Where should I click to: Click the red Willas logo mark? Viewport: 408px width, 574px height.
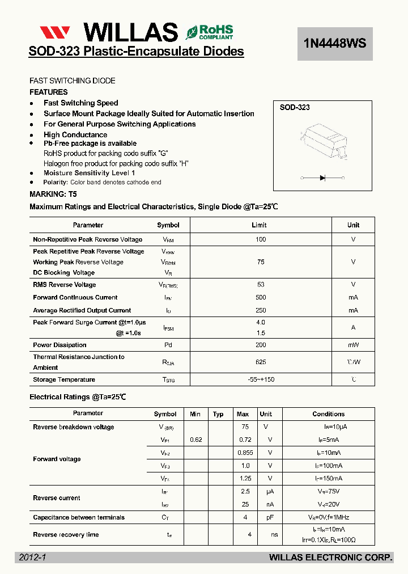(x=55, y=32)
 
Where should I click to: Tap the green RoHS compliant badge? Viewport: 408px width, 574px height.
(x=209, y=32)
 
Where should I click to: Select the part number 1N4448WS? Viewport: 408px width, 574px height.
(x=335, y=43)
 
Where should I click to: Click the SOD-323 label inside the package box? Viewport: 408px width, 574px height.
(x=295, y=107)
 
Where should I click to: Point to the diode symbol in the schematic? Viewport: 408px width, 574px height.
(x=322, y=178)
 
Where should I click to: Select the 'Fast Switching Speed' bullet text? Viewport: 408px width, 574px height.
(x=80, y=103)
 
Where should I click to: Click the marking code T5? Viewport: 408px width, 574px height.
(x=73, y=194)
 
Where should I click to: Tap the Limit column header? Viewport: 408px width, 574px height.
(x=260, y=225)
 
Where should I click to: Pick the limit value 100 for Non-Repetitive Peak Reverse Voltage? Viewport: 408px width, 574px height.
(x=260, y=239)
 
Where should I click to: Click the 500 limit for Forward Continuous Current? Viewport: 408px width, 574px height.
(x=260, y=297)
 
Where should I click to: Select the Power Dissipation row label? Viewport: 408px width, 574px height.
(x=59, y=345)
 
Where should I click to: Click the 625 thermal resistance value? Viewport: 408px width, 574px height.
(x=260, y=362)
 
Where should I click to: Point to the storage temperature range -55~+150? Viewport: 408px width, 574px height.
(x=260, y=379)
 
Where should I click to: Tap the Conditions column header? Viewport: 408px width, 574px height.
(x=328, y=414)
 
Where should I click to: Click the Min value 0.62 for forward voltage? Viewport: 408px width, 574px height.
(x=196, y=440)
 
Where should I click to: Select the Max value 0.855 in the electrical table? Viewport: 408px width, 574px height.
(x=244, y=453)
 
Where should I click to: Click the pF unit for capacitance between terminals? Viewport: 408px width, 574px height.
(x=266, y=517)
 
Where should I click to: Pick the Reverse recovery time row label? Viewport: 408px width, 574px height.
(x=66, y=534)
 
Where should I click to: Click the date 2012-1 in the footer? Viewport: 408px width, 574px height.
(x=32, y=558)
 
